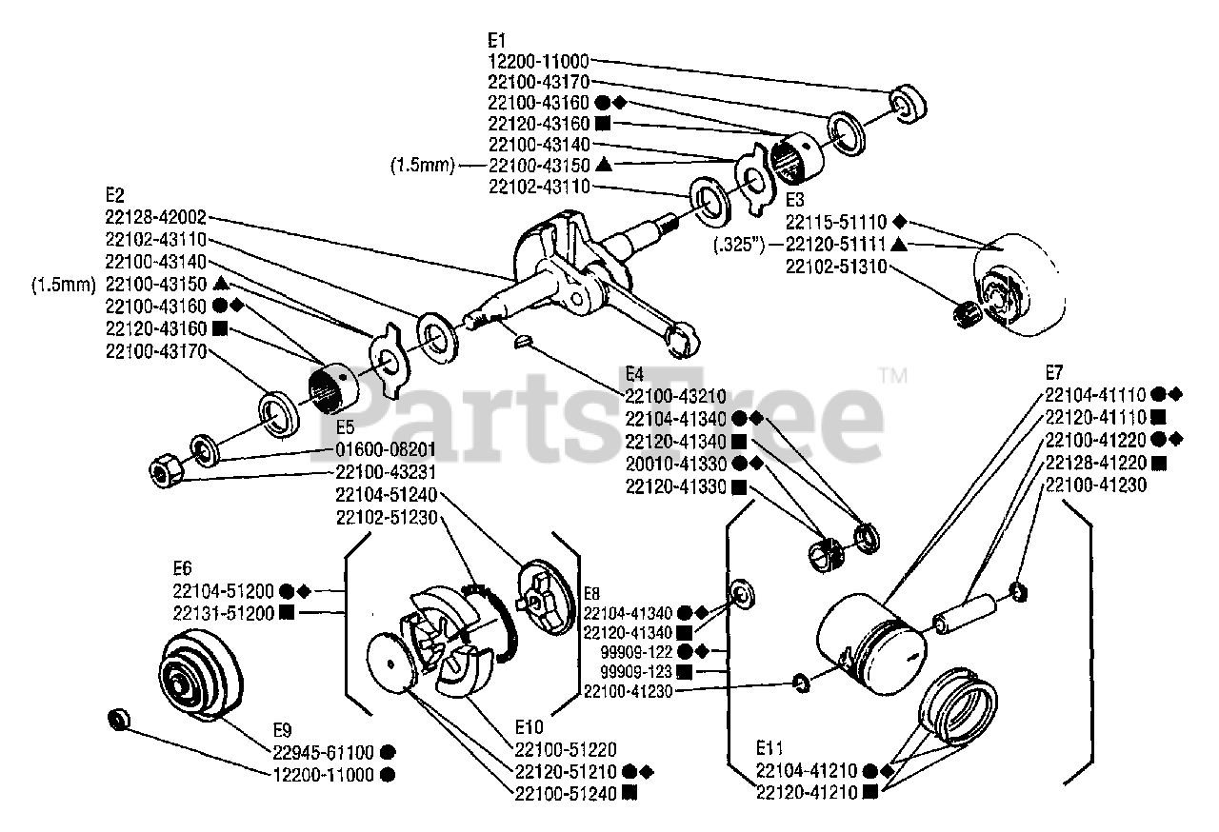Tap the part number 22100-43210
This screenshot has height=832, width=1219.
click(675, 395)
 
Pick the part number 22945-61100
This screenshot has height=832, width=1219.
click(324, 751)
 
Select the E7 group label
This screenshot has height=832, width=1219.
click(1053, 372)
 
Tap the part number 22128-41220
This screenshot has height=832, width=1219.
click(1095, 463)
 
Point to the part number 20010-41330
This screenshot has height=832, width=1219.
click(675, 464)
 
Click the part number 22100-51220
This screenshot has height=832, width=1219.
click(564, 750)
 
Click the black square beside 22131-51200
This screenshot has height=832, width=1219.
click(287, 613)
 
